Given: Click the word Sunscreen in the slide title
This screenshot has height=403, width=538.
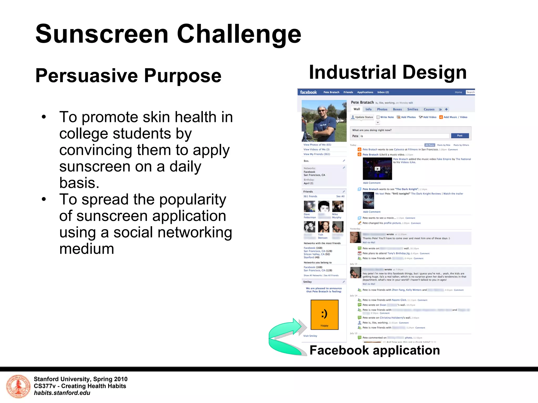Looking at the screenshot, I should [102, 34].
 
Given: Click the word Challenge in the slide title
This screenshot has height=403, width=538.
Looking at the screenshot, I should [239, 34].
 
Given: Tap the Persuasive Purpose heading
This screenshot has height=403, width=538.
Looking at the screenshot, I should [128, 76].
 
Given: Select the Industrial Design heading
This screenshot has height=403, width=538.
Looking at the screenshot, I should [388, 72].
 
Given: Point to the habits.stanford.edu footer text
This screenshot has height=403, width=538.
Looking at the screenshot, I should [62, 393].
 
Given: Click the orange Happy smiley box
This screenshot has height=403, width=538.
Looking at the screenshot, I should [324, 315].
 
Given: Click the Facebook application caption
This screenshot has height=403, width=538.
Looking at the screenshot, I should [375, 350].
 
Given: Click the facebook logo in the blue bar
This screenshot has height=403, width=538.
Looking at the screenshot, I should [308, 92].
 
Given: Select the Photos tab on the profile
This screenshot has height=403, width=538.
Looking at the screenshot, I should [382, 109].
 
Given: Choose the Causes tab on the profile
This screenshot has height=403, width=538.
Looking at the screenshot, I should [429, 109].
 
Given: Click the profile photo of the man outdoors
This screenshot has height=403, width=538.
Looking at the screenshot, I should [324, 121].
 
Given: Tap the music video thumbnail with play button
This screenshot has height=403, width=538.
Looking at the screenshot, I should [377, 169].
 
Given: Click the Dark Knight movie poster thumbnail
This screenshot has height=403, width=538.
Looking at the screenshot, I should [368, 200].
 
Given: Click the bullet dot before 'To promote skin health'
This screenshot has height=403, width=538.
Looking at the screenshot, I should [44, 117].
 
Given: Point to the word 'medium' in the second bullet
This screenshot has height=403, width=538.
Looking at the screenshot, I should [87, 249].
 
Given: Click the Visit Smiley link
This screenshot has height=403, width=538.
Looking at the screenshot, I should [310, 336].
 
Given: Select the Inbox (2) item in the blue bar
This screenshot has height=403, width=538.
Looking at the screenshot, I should [383, 92].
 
